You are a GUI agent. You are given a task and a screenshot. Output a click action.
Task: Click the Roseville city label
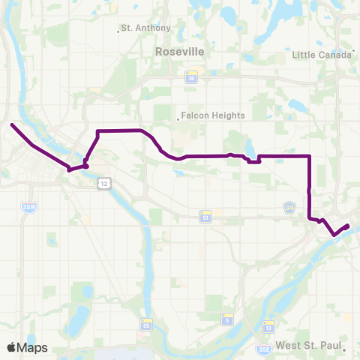(x=179, y=52)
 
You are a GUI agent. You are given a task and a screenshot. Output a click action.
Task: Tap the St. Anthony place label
(x=148, y=28)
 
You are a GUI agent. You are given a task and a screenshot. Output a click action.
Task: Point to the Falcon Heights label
(x=204, y=116)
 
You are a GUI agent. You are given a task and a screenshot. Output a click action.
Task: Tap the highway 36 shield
(x=191, y=76)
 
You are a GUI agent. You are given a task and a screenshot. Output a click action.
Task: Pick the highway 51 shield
(x=204, y=217)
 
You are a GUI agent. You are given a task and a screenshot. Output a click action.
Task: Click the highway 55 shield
(x=146, y=325)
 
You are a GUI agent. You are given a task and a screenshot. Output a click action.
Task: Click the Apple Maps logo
(x=27, y=347)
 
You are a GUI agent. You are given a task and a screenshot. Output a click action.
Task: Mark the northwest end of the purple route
(x=11, y=124)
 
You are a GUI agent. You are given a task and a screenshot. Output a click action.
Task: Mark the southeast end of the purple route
(x=348, y=225)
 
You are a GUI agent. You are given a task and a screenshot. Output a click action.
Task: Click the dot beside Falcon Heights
(x=178, y=116)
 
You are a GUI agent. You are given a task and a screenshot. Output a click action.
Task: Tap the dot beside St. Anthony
(x=119, y=31)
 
